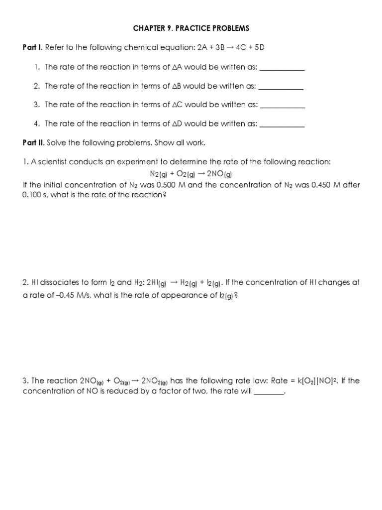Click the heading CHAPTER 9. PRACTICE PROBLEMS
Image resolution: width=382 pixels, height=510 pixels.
point(191,28)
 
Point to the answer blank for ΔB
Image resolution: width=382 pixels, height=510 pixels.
point(281,87)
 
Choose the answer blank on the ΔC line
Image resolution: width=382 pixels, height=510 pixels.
point(282,105)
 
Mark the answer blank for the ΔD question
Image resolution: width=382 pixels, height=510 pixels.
point(282,124)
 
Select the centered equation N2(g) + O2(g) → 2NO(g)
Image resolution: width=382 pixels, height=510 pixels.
point(191,174)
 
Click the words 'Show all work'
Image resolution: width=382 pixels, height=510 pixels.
point(180,143)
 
